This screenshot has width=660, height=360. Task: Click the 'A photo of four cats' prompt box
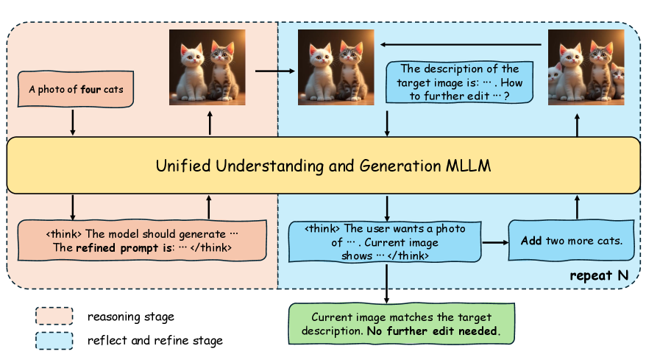[x=72, y=91]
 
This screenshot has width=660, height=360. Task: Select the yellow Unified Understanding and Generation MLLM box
[x=323, y=166]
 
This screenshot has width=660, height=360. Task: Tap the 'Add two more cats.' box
[x=572, y=241]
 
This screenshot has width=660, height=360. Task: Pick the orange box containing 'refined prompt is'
[x=141, y=241]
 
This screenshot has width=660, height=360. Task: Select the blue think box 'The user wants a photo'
[x=383, y=241]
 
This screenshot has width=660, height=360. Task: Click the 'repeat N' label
[x=600, y=277]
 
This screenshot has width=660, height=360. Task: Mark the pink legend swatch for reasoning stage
[x=54, y=317]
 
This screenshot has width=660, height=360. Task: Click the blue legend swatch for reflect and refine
[x=54, y=340]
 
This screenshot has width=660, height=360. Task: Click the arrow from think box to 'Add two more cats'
[x=494, y=241]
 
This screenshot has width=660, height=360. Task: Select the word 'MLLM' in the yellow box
[x=469, y=166]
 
